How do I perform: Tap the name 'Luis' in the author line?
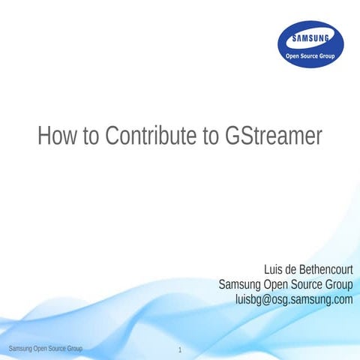[274, 269]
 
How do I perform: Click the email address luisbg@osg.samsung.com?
[294, 299]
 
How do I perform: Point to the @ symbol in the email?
[266, 299]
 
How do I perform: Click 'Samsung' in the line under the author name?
[238, 284]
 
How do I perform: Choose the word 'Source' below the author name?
[304, 284]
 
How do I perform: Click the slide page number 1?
[181, 350]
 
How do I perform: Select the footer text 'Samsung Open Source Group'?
[44, 349]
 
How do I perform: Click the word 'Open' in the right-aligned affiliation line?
[273, 284]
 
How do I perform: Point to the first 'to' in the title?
[92, 136]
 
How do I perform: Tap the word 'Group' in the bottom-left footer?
[73, 349]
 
